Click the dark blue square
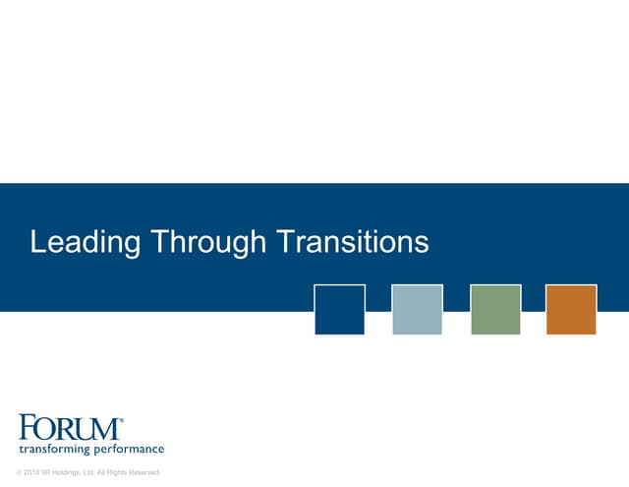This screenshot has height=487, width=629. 339,309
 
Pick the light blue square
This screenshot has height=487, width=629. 417,309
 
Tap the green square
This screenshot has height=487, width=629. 495,309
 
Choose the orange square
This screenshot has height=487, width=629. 571,309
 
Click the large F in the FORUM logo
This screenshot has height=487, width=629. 29,428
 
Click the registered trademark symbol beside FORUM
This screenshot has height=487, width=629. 121,421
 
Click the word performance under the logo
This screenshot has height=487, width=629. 129,450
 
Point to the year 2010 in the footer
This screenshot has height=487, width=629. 31,473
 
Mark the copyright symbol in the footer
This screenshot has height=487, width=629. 19,473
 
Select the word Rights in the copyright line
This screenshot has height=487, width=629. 116,473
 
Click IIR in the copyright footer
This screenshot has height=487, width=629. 48,473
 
